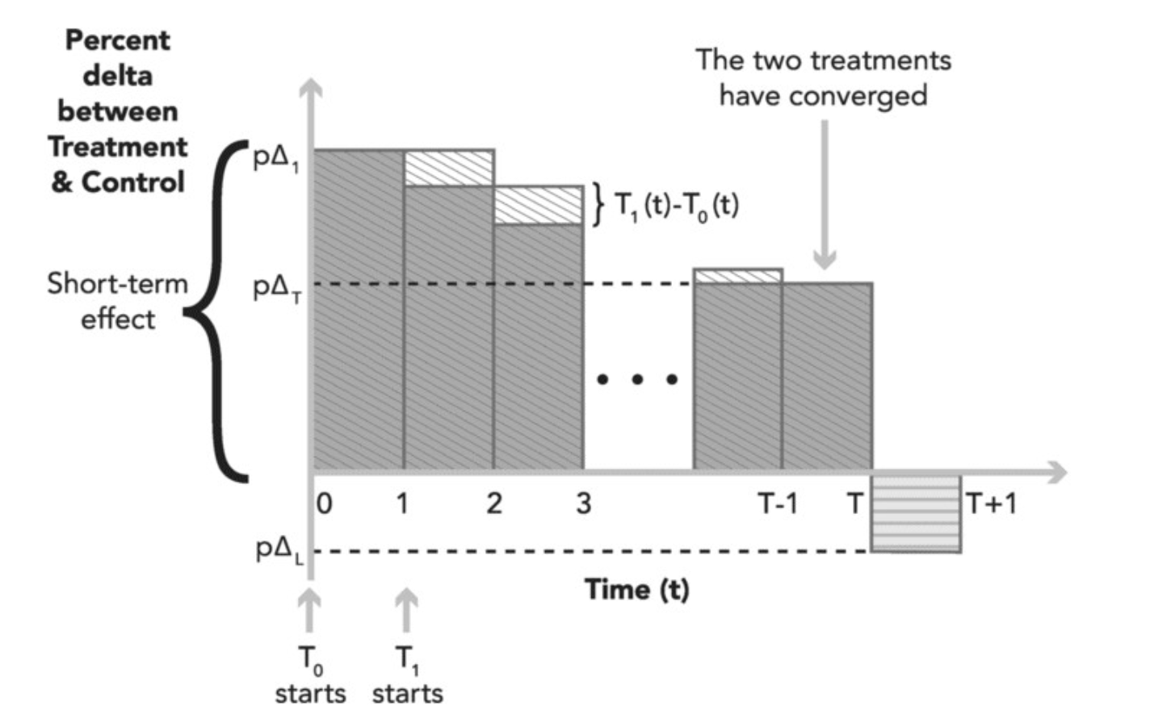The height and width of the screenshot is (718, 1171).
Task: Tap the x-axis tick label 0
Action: [x=324, y=503]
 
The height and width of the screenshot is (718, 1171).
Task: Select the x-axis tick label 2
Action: [x=493, y=503]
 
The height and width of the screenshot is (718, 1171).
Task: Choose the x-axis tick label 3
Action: [x=583, y=503]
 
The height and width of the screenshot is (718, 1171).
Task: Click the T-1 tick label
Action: [x=777, y=503]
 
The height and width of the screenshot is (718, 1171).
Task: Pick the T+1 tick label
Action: [x=991, y=503]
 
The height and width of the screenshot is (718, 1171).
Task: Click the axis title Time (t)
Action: [x=637, y=590]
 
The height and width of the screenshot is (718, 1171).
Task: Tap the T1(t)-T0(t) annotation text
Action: [x=677, y=206]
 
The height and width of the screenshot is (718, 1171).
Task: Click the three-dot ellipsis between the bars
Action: [x=637, y=378]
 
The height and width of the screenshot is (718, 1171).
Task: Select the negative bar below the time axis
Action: [x=916, y=513]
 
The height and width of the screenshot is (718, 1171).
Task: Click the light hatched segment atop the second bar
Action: [x=449, y=168]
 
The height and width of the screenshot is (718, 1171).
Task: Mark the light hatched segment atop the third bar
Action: [x=538, y=205]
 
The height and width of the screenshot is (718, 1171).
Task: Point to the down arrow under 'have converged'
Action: [x=825, y=194]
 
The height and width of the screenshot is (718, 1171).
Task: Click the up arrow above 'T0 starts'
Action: [x=308, y=611]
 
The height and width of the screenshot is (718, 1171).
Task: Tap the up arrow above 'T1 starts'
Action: [x=406, y=611]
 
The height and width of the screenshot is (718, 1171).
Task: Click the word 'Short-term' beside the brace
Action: [x=117, y=283]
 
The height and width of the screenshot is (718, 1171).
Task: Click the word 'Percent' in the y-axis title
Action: [x=118, y=40]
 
